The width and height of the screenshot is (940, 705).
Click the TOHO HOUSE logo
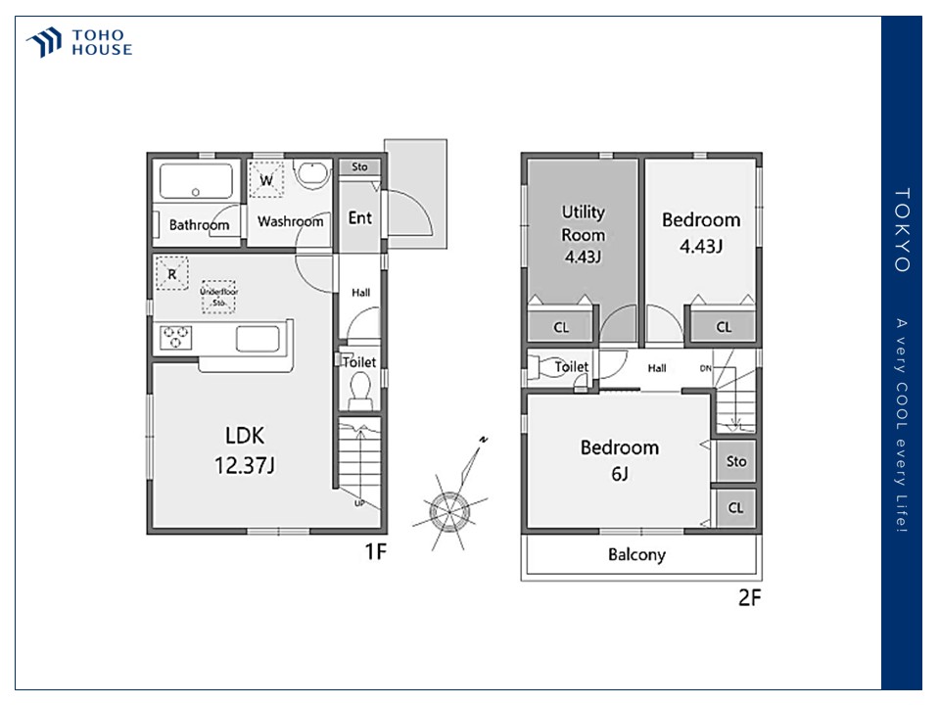79,42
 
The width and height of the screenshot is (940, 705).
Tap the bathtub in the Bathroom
196,180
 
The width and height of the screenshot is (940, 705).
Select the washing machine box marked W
266,179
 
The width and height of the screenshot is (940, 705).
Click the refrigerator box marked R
171,273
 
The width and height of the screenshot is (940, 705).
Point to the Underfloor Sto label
218,297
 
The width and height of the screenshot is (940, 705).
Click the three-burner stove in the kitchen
175,338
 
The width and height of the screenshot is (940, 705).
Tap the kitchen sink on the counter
258,339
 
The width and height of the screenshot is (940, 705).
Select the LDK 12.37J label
245,450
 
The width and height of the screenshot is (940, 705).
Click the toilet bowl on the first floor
360,390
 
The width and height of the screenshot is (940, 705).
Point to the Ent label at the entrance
359,217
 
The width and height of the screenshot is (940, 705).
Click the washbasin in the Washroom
311,174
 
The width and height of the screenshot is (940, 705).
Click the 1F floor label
376,551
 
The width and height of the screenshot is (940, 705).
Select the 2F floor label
749,597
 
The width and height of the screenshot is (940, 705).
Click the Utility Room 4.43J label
583,234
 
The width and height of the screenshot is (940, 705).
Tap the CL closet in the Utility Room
560,327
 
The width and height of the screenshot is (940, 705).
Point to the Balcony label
636,554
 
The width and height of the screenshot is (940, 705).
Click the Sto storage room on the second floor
736,461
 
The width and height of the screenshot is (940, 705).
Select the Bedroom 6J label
620,460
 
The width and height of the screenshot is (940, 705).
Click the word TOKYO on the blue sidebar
902,229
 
